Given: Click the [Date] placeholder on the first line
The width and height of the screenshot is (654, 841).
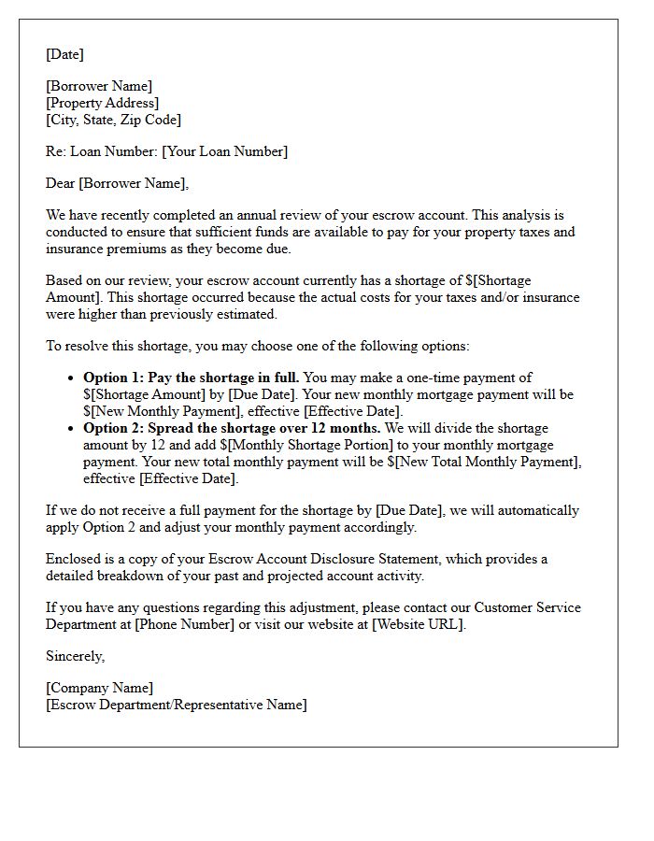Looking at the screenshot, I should click(64, 54).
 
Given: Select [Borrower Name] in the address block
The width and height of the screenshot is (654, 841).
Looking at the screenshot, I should click(99, 86).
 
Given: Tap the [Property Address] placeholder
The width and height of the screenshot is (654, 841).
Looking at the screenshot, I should click(103, 103).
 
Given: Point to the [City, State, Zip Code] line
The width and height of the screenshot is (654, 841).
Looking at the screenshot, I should click(113, 120).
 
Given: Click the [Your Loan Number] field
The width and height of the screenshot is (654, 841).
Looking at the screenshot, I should click(224, 151).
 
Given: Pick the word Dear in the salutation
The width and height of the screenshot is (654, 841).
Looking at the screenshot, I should click(60, 183).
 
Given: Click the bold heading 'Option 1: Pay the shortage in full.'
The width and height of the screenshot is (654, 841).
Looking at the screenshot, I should click(192, 378).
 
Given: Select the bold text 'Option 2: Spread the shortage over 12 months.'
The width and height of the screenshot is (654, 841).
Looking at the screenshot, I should click(232, 428).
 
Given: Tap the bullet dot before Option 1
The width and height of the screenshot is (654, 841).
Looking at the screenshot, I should click(72, 378).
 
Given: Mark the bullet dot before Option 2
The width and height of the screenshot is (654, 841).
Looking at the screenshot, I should click(72, 429).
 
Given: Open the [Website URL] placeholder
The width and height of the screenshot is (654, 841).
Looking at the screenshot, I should click(417, 624).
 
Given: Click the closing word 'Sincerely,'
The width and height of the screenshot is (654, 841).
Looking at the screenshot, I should click(76, 656).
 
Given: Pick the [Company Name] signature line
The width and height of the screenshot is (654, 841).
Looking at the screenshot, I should click(99, 688).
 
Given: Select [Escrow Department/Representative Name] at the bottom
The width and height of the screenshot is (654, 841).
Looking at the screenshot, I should click(176, 705).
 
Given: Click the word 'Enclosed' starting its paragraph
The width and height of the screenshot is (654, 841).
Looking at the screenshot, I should click(74, 559).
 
